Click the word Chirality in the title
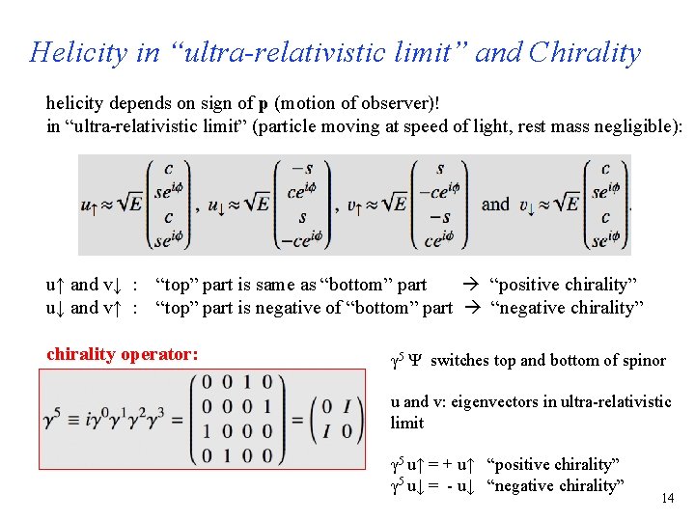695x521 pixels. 584,52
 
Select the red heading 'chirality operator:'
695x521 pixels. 123,354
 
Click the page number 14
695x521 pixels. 666,499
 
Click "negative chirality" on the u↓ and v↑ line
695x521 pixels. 567,308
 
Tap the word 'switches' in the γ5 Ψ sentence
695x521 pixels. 459,361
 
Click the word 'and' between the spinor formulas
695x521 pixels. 495,204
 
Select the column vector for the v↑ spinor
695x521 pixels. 440,206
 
